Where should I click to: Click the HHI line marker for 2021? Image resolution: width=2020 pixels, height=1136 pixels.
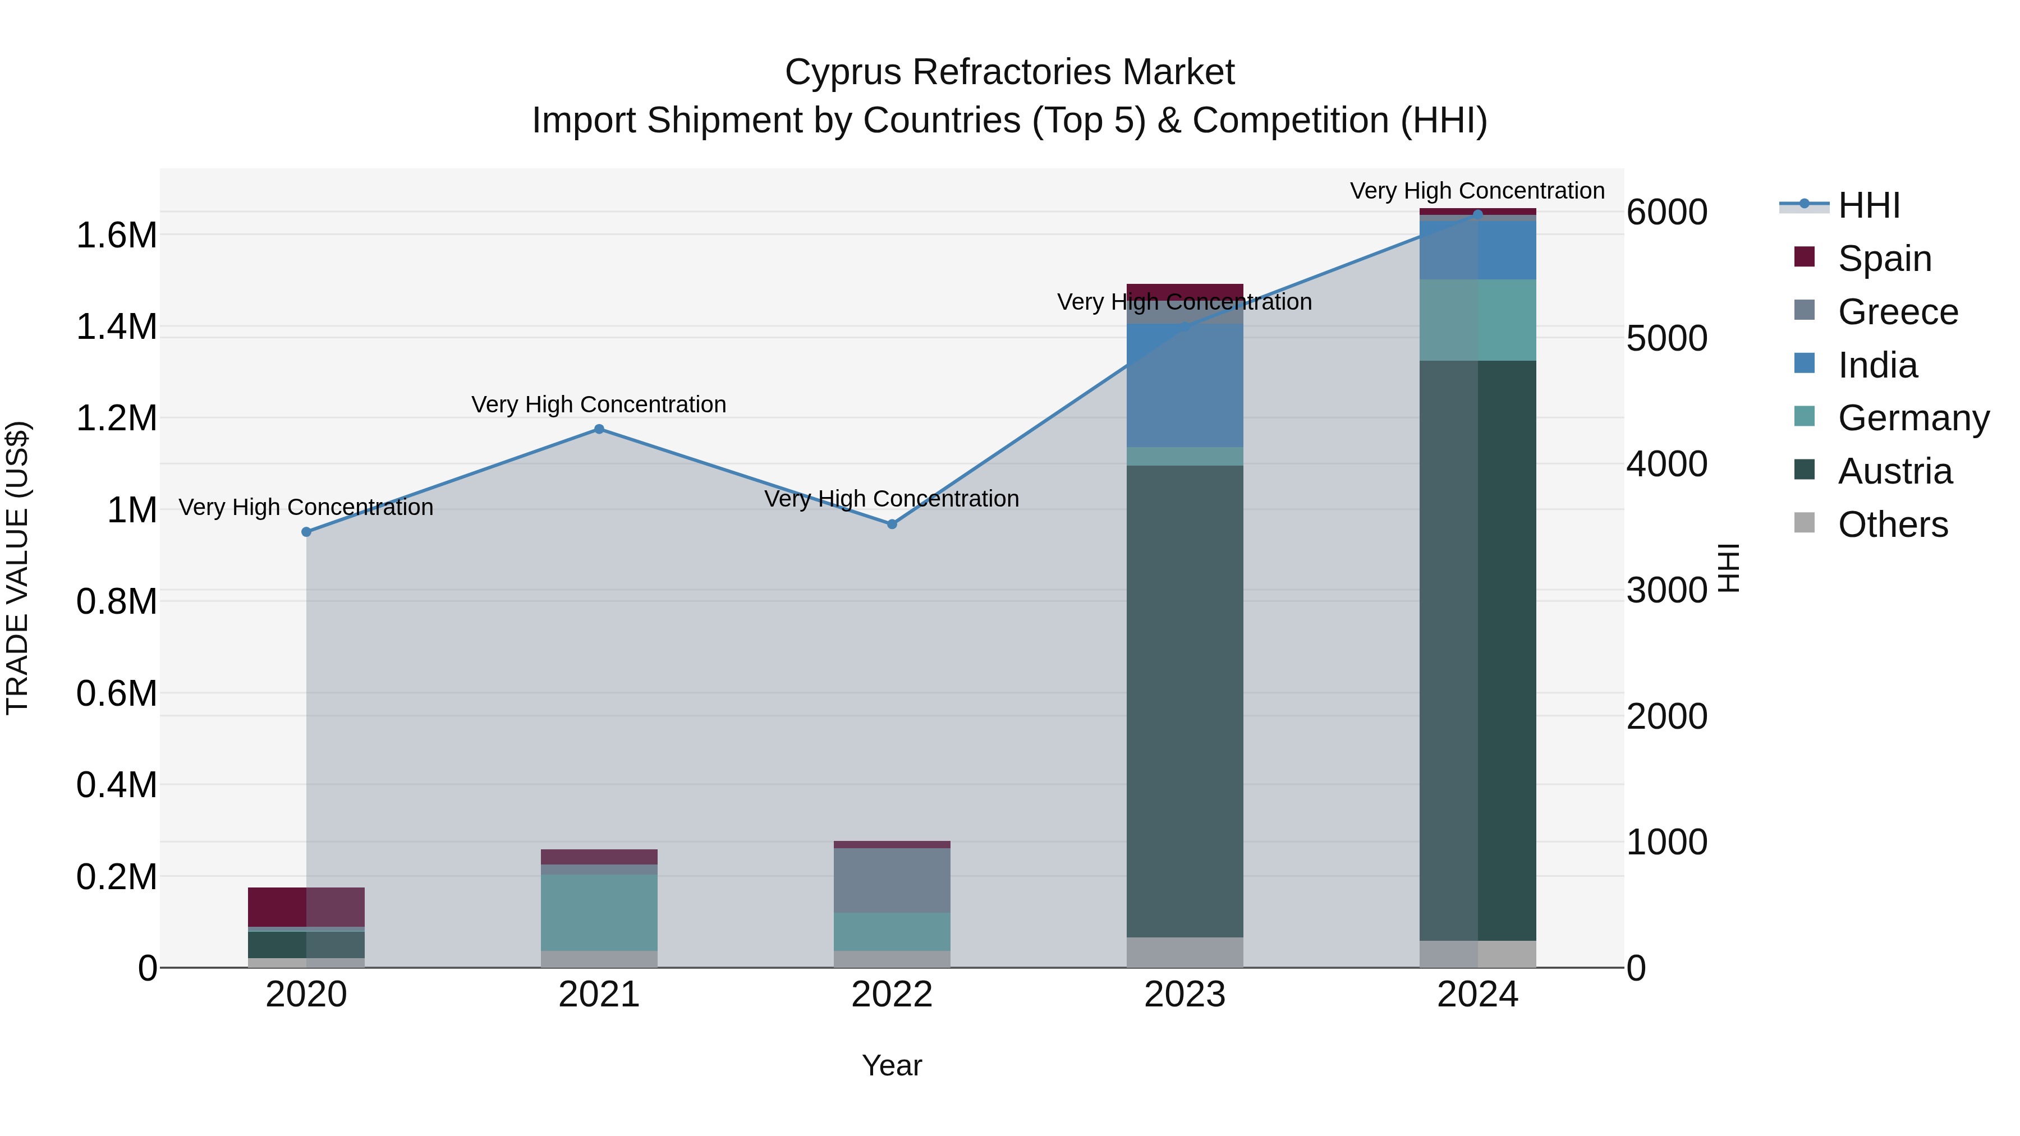click(599, 429)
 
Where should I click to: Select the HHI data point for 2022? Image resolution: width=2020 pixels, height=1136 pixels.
click(892, 524)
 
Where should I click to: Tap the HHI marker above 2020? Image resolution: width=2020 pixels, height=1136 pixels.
click(306, 532)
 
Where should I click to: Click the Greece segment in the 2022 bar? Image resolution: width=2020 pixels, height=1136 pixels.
click(892, 880)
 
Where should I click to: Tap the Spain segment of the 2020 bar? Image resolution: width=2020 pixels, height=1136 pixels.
click(306, 907)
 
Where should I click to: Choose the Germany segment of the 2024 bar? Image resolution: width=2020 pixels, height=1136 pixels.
click(1477, 320)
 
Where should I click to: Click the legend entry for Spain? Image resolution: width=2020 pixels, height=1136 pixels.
click(1884, 258)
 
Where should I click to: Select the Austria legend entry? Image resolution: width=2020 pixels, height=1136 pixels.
click(1894, 471)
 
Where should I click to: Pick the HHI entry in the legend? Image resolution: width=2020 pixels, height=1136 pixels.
click(1868, 205)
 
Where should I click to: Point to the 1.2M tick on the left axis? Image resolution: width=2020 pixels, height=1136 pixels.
click(117, 418)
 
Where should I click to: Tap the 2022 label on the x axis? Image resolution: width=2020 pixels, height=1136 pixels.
click(892, 995)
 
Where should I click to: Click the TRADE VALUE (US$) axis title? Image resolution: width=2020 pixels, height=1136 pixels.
click(17, 568)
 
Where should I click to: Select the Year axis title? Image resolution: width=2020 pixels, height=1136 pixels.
click(892, 1065)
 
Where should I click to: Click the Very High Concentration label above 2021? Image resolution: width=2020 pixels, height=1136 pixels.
click(599, 404)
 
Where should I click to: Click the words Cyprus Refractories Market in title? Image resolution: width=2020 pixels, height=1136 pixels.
click(1009, 72)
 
